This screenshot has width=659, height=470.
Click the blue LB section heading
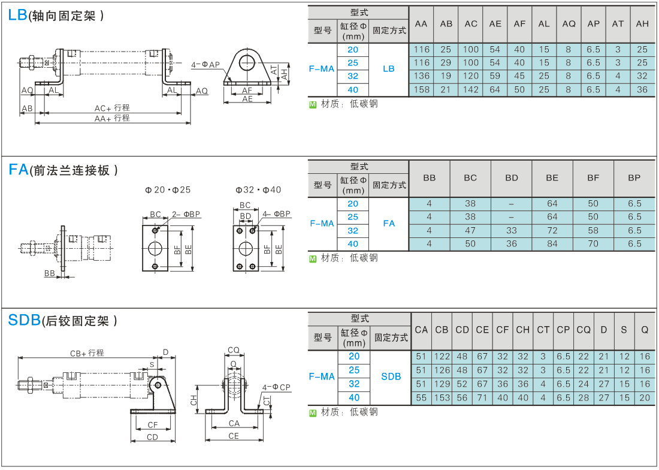pyautogui.click(x=17, y=15)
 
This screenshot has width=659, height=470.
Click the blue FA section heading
pyautogui.click(x=19, y=170)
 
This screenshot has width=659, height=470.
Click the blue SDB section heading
pyautogui.click(x=25, y=320)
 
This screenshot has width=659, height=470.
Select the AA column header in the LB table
pyautogui.click(x=421, y=24)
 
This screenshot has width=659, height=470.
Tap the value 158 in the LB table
pyautogui.click(x=421, y=89)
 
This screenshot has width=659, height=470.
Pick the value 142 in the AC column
pyautogui.click(x=470, y=89)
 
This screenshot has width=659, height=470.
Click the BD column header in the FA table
pyautogui.click(x=512, y=178)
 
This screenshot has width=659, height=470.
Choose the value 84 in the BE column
pyautogui.click(x=552, y=244)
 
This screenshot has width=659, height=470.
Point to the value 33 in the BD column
pyautogui.click(x=512, y=230)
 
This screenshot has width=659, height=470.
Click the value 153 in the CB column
pyautogui.click(x=442, y=397)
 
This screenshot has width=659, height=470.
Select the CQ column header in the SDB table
pyautogui.click(x=584, y=330)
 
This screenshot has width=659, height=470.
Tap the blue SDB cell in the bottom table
pyautogui.click(x=391, y=376)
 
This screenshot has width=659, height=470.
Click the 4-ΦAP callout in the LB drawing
pyautogui.click(x=205, y=65)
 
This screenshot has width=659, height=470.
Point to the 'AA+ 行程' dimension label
pyautogui.click(x=112, y=118)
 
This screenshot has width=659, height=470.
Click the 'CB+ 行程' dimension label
pyautogui.click(x=87, y=353)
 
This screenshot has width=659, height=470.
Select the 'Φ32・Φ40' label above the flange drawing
pyautogui.click(x=258, y=190)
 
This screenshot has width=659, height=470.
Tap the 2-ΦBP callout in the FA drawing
pyautogui.click(x=186, y=214)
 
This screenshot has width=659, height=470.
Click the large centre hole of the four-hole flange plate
pyautogui.click(x=246, y=248)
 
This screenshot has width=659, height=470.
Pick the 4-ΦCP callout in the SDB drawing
pyautogui.click(x=276, y=387)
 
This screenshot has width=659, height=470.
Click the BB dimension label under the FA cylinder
pyautogui.click(x=49, y=273)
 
